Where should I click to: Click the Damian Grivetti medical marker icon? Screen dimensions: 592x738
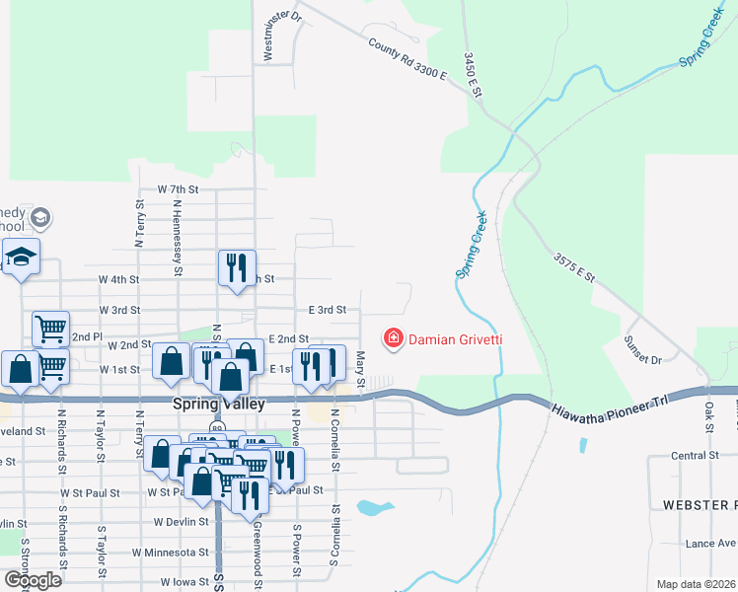[x=393, y=339]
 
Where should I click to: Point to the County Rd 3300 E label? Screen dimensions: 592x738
[x=408, y=59]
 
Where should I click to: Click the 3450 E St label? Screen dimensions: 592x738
[x=473, y=74]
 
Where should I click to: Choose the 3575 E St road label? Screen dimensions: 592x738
[x=574, y=267]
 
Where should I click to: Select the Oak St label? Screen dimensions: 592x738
[x=708, y=419]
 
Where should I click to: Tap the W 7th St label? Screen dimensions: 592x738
[x=179, y=188]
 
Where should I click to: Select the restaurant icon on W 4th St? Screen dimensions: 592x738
[x=237, y=267]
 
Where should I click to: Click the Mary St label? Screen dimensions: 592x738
[x=360, y=369]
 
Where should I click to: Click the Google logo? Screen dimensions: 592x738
[x=32, y=580]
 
